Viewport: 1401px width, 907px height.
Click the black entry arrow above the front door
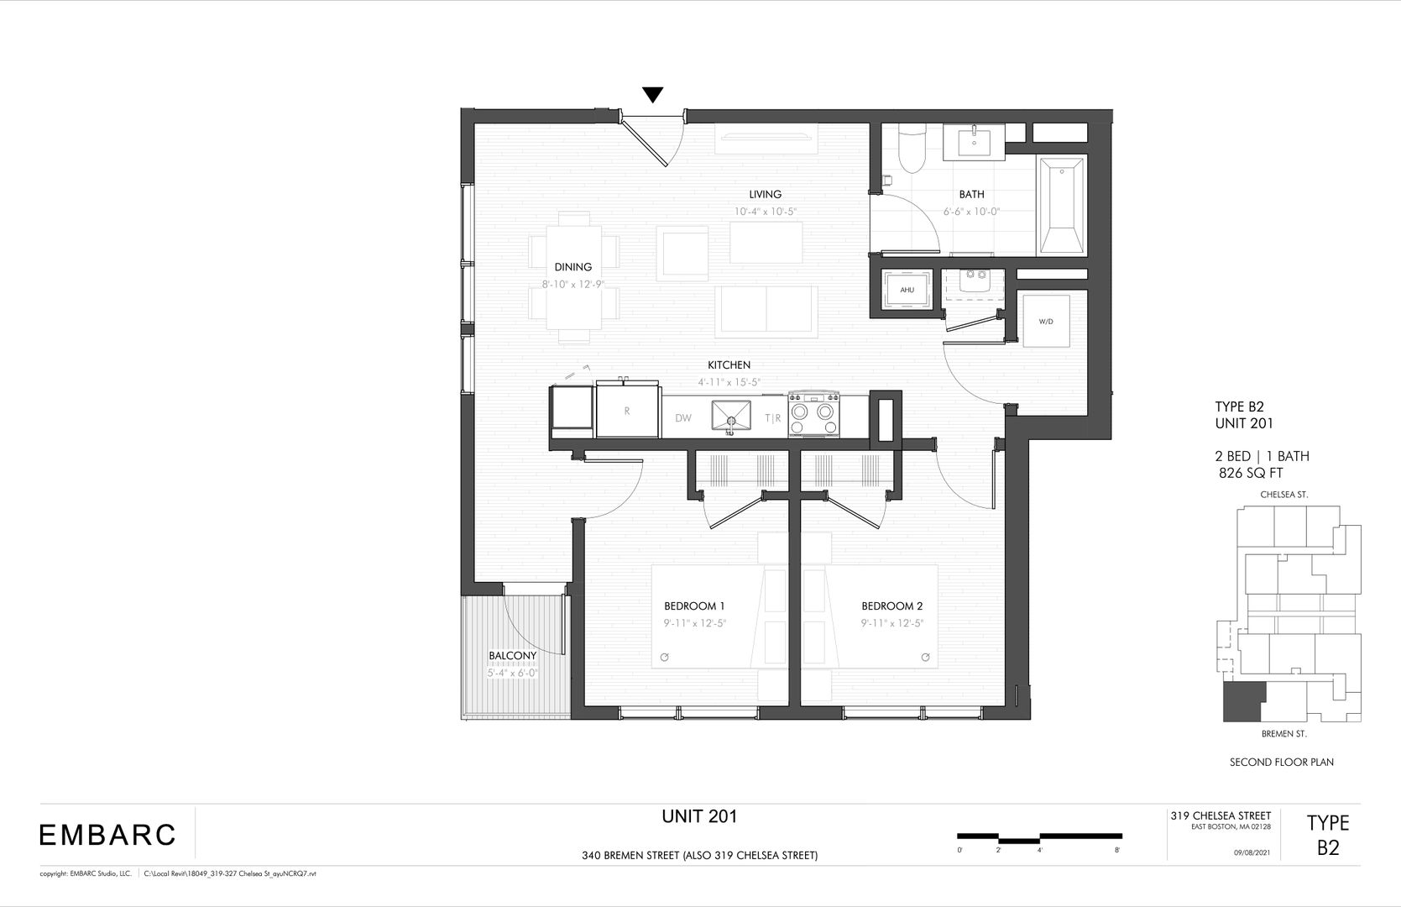click(653, 95)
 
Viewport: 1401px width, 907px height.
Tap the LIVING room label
click(765, 195)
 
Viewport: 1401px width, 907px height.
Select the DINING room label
click(572, 267)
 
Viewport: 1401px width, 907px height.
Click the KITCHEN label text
click(729, 365)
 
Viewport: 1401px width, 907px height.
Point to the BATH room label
click(971, 195)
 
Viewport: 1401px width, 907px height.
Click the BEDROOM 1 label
click(694, 606)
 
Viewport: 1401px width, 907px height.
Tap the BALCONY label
click(512, 656)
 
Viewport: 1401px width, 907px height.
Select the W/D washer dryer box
click(1045, 321)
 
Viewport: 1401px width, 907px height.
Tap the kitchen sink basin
click(734, 415)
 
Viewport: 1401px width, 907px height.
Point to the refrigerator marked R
click(627, 411)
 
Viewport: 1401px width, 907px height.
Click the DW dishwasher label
click(683, 418)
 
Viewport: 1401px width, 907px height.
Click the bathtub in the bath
click(1063, 206)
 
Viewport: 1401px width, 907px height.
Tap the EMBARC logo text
click(107, 835)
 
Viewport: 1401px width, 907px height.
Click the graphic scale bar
click(1039, 837)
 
